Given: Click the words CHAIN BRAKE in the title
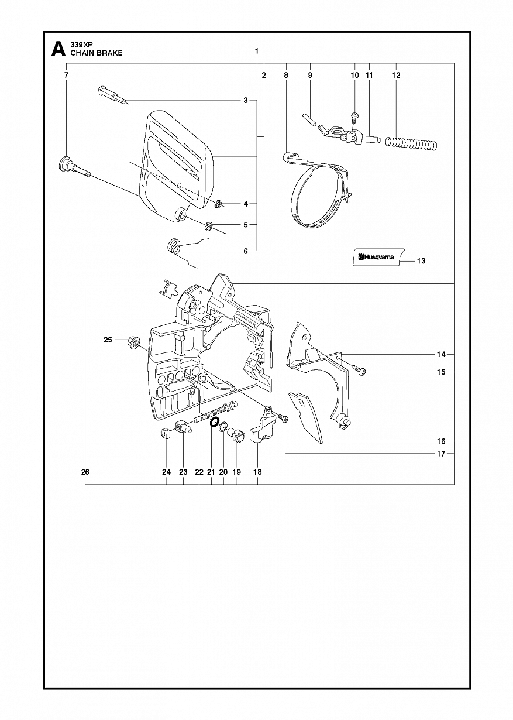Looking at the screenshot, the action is click(97, 53).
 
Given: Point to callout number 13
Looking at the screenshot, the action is click(421, 261).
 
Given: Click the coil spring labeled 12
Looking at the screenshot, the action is click(411, 142).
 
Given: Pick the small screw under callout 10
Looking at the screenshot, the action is click(355, 116).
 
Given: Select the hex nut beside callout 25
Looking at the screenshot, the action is click(132, 341).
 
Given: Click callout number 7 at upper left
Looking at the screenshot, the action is click(66, 75).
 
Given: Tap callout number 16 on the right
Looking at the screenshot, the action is click(441, 441).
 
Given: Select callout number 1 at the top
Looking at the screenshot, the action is click(257, 51).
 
